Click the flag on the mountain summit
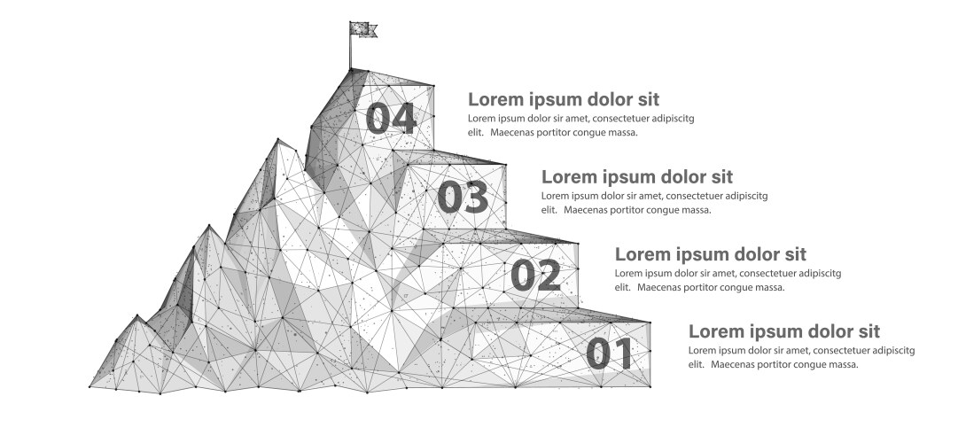coord(364,29)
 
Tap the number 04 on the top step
coord(391,118)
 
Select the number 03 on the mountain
coord(463,197)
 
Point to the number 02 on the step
coord(536,275)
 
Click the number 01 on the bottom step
coord(609,354)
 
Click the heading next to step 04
coord(564,99)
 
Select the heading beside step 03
coord(637,176)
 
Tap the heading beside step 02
coord(711,253)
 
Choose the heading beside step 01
coord(784,331)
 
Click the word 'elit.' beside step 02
coord(624,287)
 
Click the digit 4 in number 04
coord(404,118)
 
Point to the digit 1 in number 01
coord(624,354)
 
